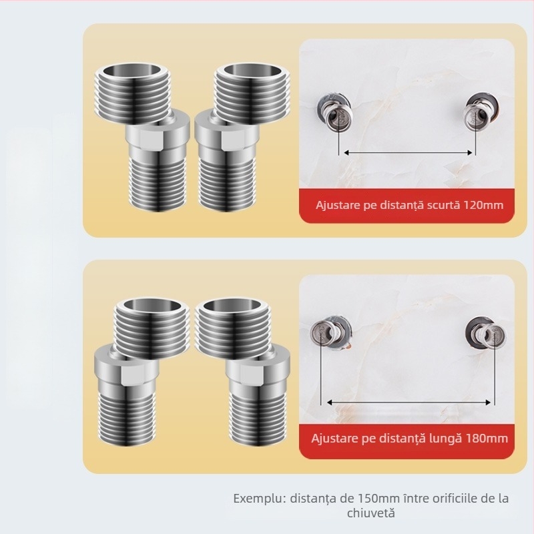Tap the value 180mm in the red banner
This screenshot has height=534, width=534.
(x=489, y=439)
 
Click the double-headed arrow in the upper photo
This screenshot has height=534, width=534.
(x=409, y=153)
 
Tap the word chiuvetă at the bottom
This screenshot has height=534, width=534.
(x=370, y=513)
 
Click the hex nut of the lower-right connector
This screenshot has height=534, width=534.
(x=257, y=370)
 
